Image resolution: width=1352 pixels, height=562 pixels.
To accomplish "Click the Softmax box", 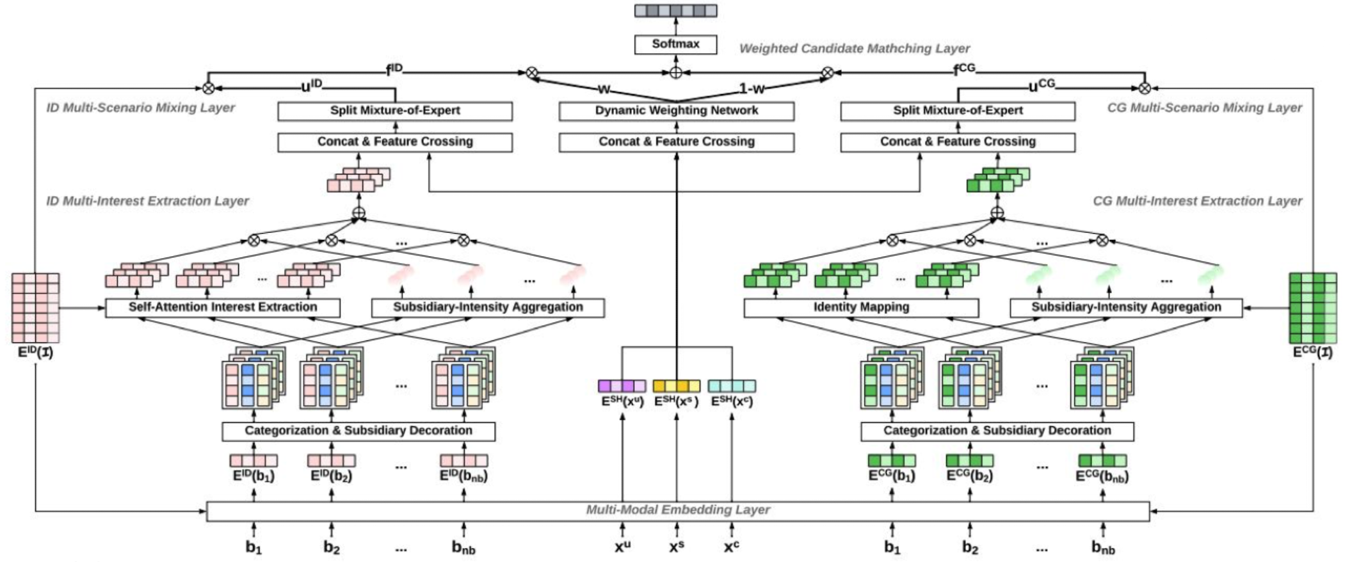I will (x=675, y=44).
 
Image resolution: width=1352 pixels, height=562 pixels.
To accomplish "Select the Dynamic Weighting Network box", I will (x=676, y=111).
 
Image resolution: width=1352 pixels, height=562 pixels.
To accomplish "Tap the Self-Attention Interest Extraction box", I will (x=222, y=307).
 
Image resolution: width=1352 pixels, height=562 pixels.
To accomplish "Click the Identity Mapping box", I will (x=860, y=307).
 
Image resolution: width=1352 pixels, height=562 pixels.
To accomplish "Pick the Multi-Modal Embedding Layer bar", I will (x=677, y=511).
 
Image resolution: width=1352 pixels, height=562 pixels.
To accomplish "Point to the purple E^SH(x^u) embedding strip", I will (x=622, y=386).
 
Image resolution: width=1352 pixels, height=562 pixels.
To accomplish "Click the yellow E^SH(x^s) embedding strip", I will (x=676, y=386).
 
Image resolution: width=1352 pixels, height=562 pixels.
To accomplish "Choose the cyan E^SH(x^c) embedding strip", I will (x=732, y=386).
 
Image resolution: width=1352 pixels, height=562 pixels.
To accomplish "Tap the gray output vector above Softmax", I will (x=675, y=11).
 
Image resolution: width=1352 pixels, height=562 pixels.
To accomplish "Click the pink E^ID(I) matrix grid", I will (x=35, y=307).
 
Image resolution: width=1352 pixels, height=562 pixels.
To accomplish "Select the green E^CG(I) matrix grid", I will (x=1312, y=307).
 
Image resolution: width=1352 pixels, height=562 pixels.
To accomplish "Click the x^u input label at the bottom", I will (x=622, y=547).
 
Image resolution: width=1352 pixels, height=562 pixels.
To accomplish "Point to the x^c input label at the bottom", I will (x=732, y=547).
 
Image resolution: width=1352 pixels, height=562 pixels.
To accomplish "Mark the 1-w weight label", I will (x=752, y=89).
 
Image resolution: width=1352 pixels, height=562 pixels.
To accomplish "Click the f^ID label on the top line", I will (x=394, y=70).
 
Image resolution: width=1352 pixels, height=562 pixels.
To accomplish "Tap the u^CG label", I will (x=1042, y=86).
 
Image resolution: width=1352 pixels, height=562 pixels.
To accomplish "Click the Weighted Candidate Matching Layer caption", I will (x=854, y=49).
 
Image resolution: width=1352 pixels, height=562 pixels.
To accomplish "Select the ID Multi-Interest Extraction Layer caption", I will (x=147, y=201).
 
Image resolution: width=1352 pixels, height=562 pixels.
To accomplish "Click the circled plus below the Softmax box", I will (x=675, y=73).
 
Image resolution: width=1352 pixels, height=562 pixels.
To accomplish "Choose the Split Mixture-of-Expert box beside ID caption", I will (x=394, y=111).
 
